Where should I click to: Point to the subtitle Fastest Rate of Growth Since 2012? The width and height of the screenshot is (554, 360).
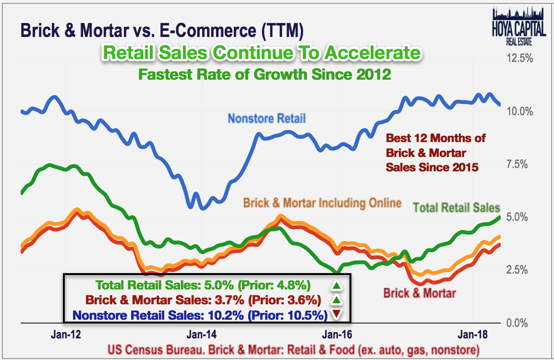click(264, 74)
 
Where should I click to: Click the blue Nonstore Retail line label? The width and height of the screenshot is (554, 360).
click(266, 118)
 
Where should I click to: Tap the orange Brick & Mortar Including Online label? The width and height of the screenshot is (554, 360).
click(322, 203)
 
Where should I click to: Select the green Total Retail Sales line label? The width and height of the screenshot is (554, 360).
click(457, 208)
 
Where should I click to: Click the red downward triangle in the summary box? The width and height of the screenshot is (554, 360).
click(337, 315)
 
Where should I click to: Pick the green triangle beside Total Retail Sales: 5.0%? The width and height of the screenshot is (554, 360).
click(337, 286)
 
